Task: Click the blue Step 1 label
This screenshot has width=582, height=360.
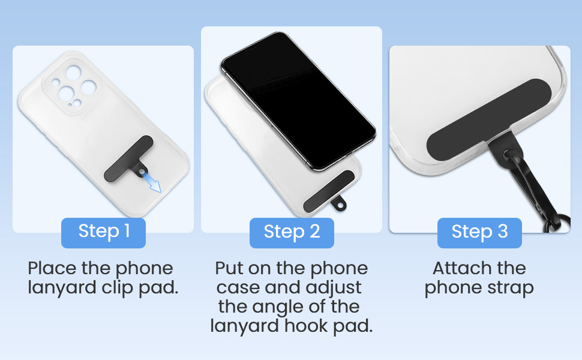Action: (x=103, y=232)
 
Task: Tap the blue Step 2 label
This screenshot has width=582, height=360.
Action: (x=292, y=232)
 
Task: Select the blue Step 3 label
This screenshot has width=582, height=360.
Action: (x=479, y=232)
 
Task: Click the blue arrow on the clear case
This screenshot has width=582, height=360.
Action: (x=152, y=182)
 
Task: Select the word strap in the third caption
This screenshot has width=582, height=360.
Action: (x=509, y=288)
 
